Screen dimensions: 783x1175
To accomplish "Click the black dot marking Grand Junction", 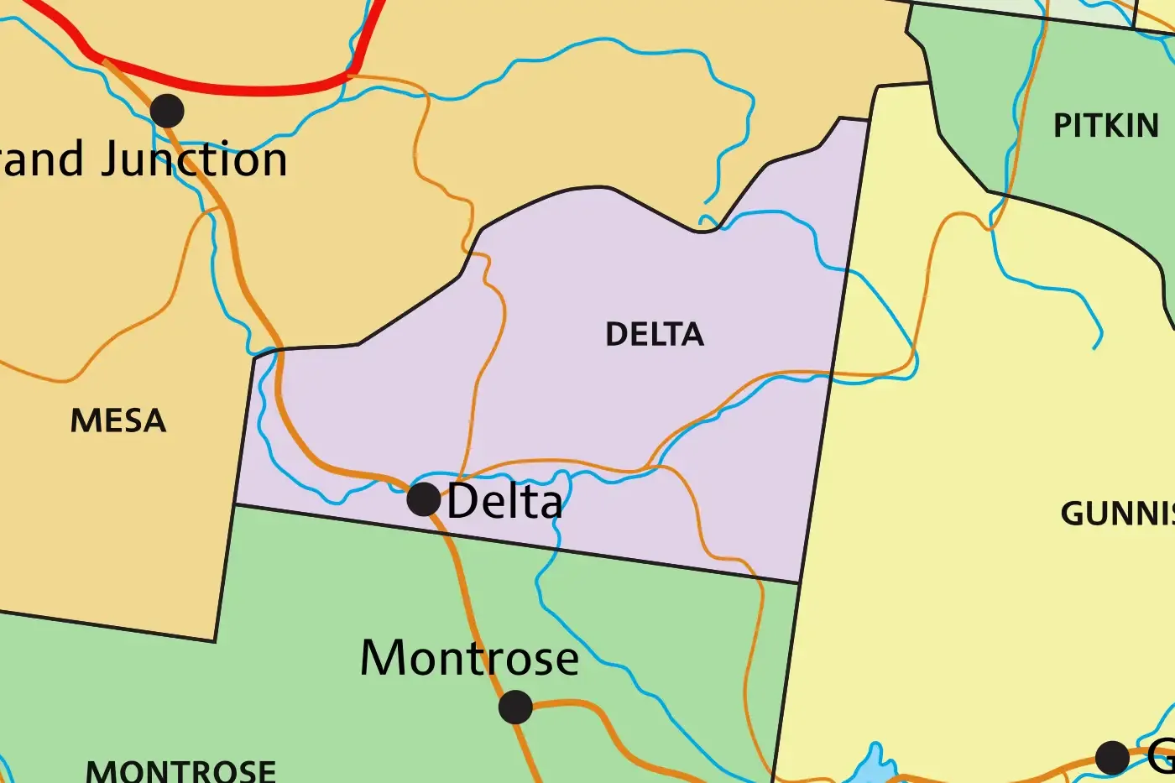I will [167, 111].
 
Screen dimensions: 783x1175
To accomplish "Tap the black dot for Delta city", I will [424, 499].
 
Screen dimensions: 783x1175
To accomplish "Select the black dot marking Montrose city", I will [515, 707].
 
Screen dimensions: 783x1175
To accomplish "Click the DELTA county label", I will [655, 335].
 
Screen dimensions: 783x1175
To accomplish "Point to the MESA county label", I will [118, 420].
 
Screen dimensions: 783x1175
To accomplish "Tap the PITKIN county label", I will [1106, 126].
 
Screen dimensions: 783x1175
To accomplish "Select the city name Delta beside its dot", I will [504, 501].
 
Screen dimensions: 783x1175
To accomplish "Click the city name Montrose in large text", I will [469, 658].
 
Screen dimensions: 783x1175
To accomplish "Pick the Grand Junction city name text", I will [143, 159].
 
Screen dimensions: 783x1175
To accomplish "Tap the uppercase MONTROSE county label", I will [180, 770].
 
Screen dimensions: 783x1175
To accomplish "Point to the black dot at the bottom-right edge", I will [1112, 758].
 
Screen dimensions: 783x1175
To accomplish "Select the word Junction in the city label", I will [195, 159].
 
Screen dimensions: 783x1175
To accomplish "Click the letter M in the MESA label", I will [85, 420].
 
